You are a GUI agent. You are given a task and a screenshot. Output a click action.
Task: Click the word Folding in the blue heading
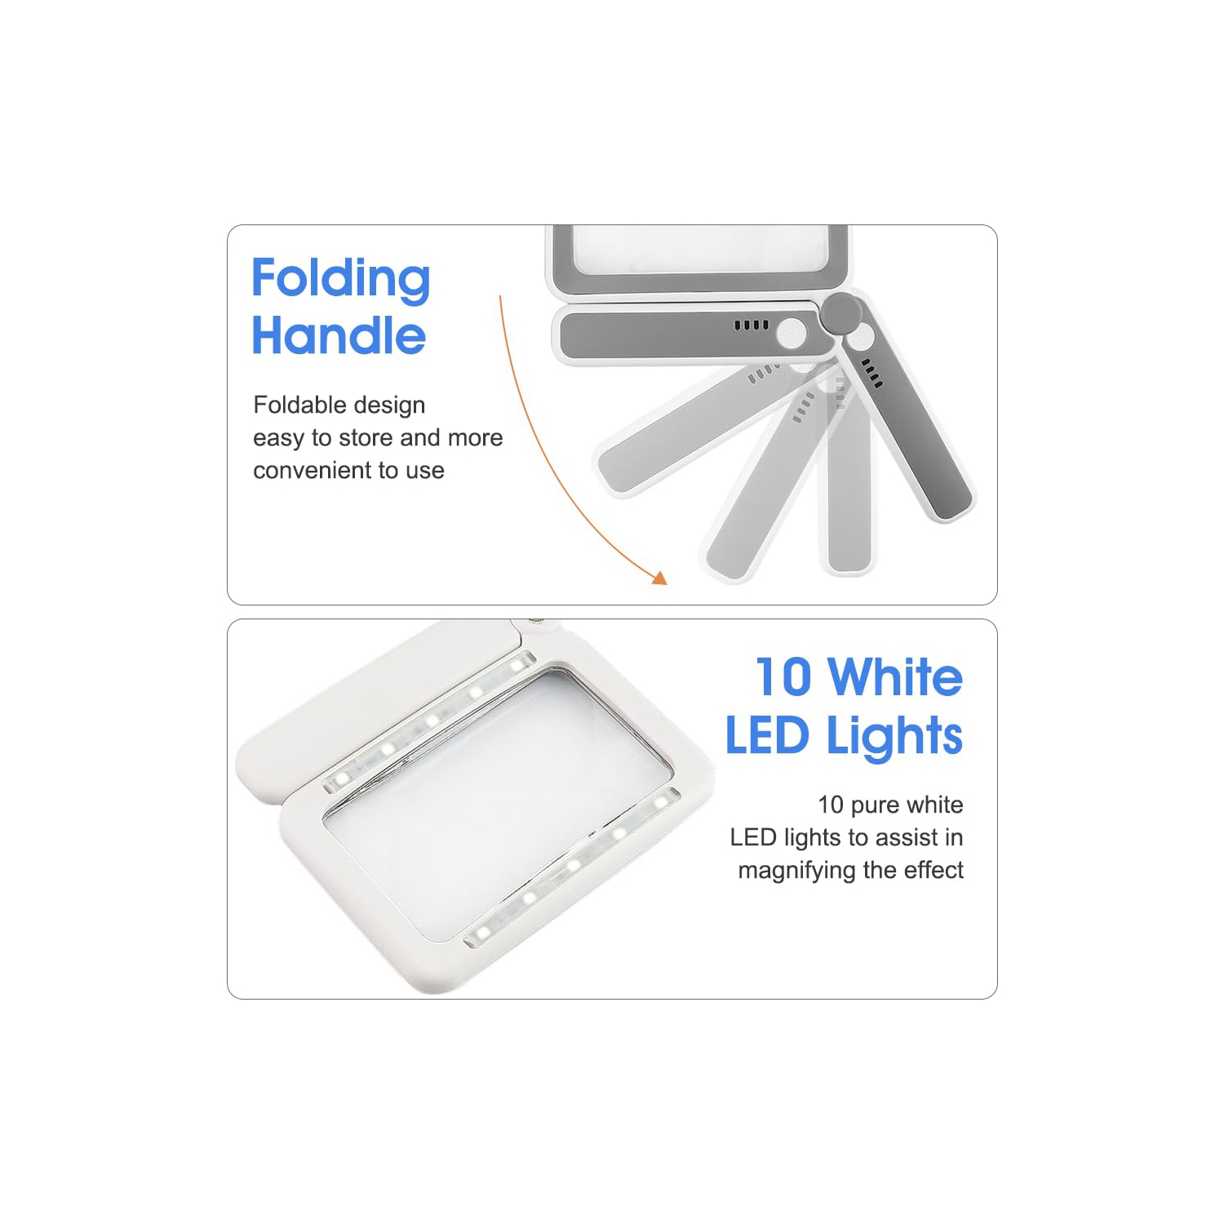(x=340, y=280)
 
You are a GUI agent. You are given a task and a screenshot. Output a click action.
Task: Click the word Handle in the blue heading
(x=339, y=335)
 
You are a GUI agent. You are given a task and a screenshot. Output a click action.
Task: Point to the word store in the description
(x=366, y=438)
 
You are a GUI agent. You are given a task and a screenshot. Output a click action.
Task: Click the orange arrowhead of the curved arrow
(x=659, y=577)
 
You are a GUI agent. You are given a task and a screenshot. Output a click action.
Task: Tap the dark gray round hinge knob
(x=841, y=313)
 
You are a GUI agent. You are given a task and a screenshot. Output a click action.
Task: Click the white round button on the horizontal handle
(x=791, y=333)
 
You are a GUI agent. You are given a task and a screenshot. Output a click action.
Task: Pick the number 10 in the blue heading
(x=783, y=677)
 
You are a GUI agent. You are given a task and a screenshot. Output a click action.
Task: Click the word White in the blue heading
(x=895, y=677)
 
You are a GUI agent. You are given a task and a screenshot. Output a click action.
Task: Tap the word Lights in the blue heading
(x=894, y=737)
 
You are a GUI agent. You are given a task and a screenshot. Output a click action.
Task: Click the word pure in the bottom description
(x=876, y=806)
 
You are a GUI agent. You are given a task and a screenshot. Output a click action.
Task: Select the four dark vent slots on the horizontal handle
(x=751, y=325)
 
